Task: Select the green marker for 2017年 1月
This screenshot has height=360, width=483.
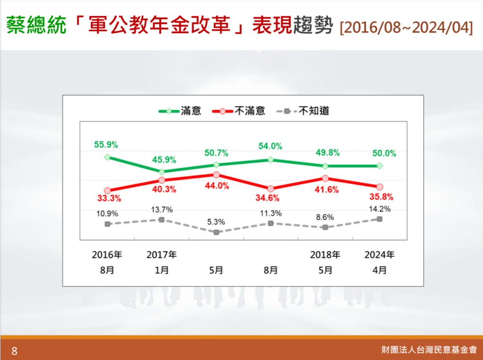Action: [x=162, y=172]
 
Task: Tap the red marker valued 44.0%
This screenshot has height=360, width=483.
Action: [x=216, y=175]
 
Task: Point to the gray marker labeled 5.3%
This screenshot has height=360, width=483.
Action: [x=216, y=232]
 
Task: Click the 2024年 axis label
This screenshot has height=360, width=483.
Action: [x=380, y=255]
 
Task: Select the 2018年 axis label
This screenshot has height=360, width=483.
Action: [x=325, y=255]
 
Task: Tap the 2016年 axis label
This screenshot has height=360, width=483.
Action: [x=107, y=255]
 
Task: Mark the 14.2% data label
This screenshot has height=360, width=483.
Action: [x=380, y=209]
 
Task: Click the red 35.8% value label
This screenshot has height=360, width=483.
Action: [x=382, y=197]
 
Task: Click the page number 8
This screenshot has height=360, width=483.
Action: [x=14, y=351]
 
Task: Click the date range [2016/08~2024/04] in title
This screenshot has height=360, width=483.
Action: [x=406, y=27]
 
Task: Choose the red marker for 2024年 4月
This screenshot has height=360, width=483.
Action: [x=380, y=187]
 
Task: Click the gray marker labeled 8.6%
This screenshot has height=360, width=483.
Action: [x=325, y=227]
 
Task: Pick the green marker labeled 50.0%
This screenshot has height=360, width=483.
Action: [x=380, y=166]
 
